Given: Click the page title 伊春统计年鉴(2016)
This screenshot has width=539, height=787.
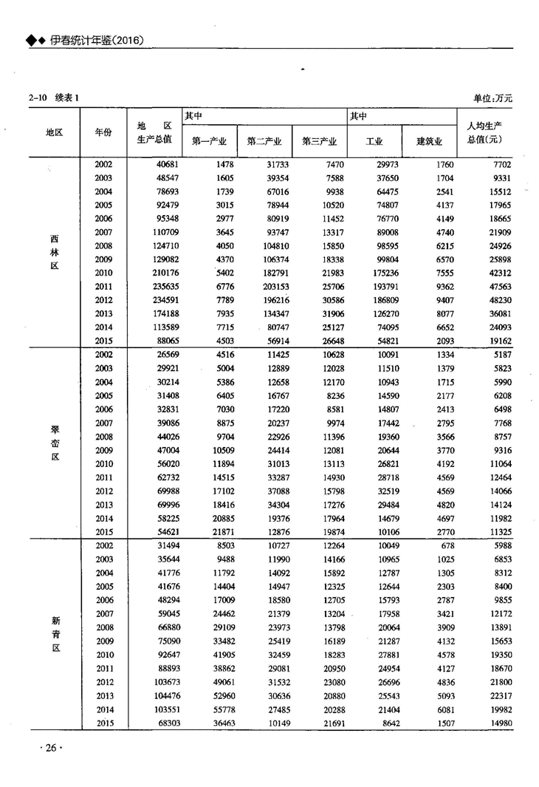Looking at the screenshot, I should click(x=95, y=41).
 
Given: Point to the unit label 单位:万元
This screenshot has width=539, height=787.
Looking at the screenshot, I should click(x=492, y=98).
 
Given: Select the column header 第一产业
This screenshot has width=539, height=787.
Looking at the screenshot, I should click(x=209, y=141).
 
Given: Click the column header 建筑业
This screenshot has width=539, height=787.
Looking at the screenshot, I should click(x=429, y=141).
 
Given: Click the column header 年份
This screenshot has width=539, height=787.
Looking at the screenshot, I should click(x=103, y=132).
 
